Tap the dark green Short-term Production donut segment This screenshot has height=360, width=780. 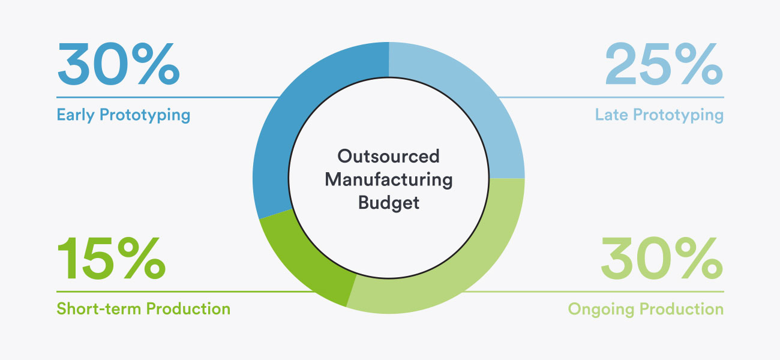313,265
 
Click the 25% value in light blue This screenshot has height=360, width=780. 664,64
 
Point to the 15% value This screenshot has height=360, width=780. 111,258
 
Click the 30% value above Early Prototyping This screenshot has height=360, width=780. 118,64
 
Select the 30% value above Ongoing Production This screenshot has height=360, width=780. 662,258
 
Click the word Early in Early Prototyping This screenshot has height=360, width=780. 76,115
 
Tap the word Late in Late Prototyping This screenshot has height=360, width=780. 611,115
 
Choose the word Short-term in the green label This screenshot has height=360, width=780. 98,309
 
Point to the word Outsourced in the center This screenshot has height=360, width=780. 388,156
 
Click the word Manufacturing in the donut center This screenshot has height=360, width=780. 389,179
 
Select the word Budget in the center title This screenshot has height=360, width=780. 389,203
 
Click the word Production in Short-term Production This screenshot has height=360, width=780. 188,309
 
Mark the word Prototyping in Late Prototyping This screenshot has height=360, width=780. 679,115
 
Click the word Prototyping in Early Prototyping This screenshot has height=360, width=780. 145,115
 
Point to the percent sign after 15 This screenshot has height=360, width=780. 142,258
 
